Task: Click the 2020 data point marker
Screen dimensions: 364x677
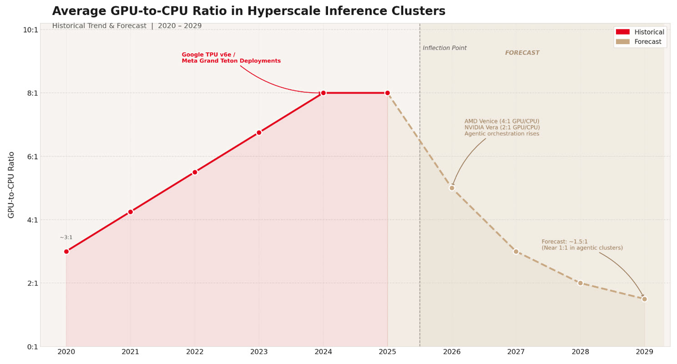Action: coord(66,251)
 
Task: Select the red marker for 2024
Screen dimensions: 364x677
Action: coord(323,93)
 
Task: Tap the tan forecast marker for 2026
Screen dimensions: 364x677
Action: coord(452,188)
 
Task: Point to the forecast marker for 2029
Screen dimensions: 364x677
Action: coord(644,299)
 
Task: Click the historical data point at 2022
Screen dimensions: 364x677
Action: coord(195,172)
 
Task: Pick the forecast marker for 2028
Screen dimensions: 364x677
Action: coord(580,283)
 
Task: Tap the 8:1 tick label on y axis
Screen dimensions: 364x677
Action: coord(32,93)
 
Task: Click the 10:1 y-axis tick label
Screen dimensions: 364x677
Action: coord(30,30)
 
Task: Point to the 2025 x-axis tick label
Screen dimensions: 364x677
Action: coord(387,352)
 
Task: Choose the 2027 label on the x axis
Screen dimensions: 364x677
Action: coord(516,352)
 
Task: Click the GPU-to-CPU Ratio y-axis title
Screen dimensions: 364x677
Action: coord(11,185)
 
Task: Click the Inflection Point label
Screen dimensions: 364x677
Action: coord(445,48)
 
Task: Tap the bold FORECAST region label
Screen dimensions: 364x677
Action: coord(522,53)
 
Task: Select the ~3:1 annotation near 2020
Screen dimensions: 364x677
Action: coord(66,238)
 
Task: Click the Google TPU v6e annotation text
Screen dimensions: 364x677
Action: coord(208,55)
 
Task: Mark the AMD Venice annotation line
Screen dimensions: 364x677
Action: coord(501,121)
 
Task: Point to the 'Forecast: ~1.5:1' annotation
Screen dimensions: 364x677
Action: coord(564,242)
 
